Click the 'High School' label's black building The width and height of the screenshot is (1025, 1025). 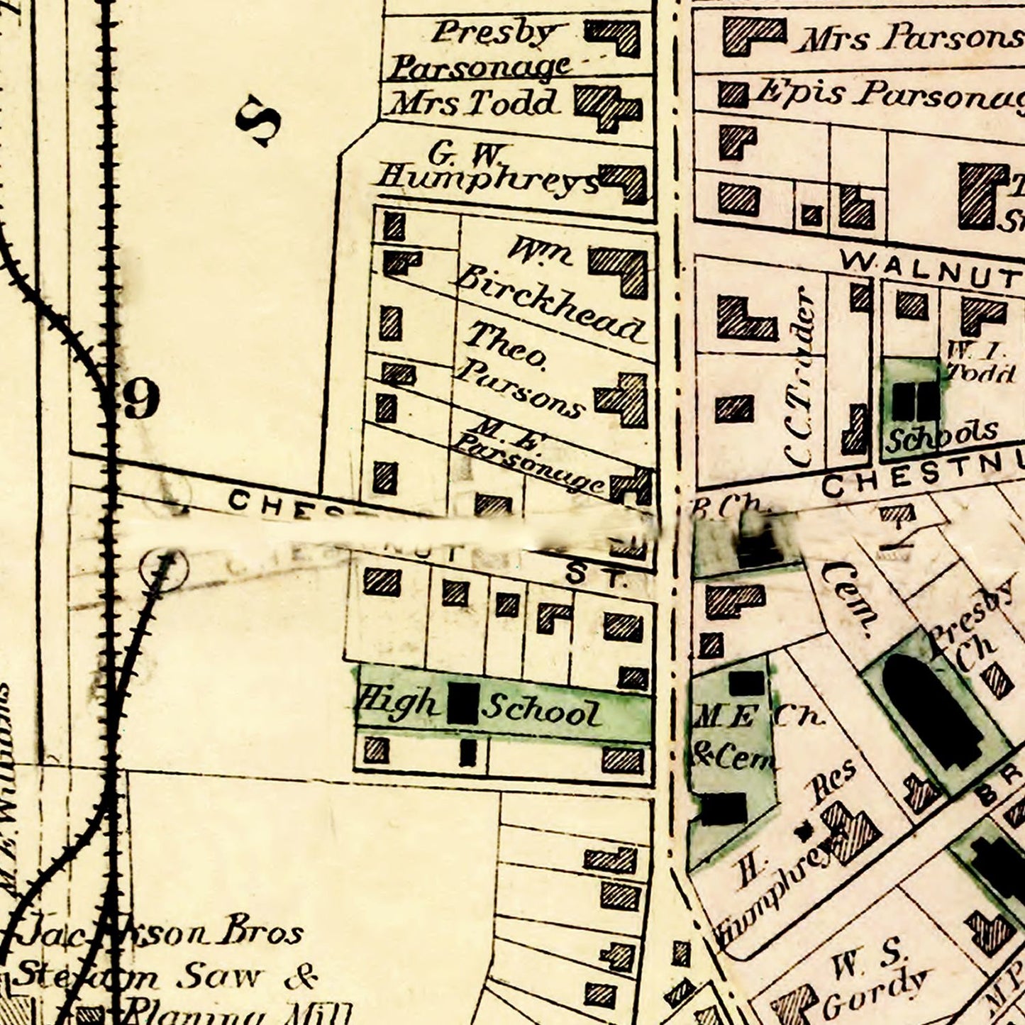465,704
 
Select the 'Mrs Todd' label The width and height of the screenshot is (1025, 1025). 472,104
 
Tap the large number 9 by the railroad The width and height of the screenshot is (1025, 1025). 140,399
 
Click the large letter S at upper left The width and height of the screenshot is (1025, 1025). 258,121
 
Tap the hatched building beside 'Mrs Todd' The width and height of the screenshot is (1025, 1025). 607,107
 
